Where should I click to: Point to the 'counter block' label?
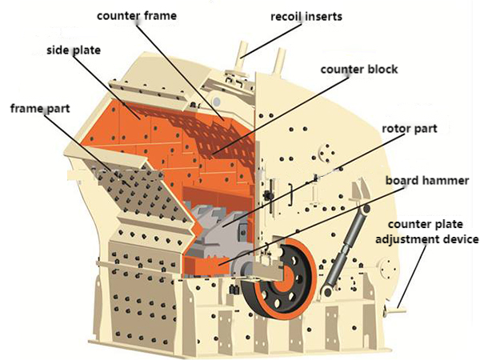click(359, 70)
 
